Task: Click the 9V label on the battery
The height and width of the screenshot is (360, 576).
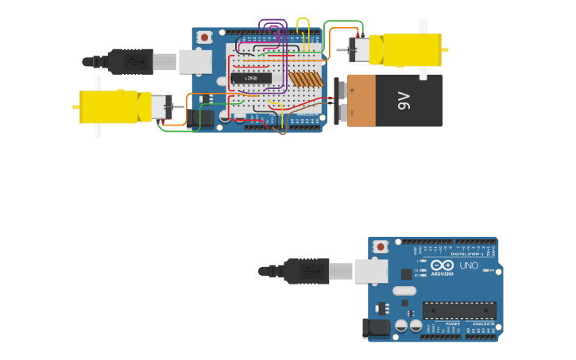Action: (x=404, y=101)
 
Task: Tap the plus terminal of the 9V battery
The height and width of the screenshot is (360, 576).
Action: (x=352, y=90)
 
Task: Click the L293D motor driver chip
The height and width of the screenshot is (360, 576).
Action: (x=250, y=78)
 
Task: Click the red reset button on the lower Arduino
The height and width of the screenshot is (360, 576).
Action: (x=381, y=246)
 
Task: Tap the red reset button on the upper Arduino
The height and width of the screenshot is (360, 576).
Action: (x=204, y=37)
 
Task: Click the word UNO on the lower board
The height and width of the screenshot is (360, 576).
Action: (x=469, y=265)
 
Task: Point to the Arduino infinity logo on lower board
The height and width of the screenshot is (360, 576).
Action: (x=443, y=265)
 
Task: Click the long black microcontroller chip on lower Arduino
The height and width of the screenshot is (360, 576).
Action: (x=459, y=310)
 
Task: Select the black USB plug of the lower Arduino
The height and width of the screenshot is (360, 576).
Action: (x=306, y=271)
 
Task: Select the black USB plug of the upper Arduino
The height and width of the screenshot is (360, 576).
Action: (x=130, y=61)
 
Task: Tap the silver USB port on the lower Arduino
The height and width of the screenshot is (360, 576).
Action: (x=370, y=271)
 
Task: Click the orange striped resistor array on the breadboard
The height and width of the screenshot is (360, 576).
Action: (x=306, y=79)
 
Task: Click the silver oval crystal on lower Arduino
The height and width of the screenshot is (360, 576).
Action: (x=404, y=290)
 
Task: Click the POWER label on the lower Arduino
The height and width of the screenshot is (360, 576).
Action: (x=452, y=324)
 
